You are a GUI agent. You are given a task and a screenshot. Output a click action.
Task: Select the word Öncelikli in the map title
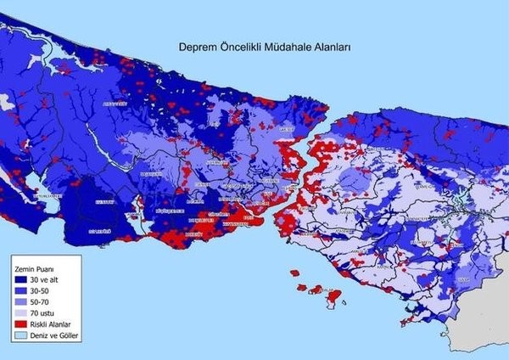pyautogui.click(x=236, y=50)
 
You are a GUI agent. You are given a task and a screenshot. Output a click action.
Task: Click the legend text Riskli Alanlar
pyautogui.click(x=53, y=324)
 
